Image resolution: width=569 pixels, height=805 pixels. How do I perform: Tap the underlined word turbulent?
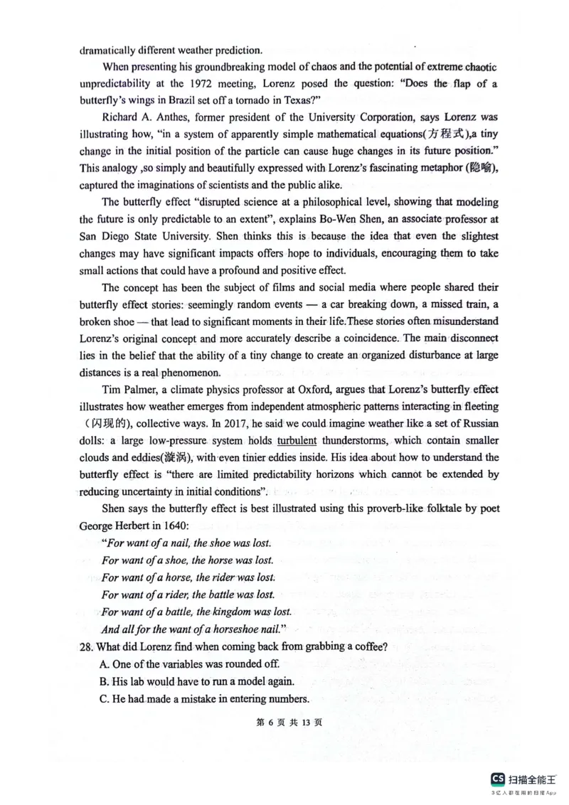pyautogui.click(x=297, y=440)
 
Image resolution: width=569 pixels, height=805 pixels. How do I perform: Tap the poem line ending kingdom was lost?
pyautogui.click(x=196, y=612)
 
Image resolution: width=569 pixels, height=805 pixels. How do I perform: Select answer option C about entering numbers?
pyautogui.click(x=205, y=698)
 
